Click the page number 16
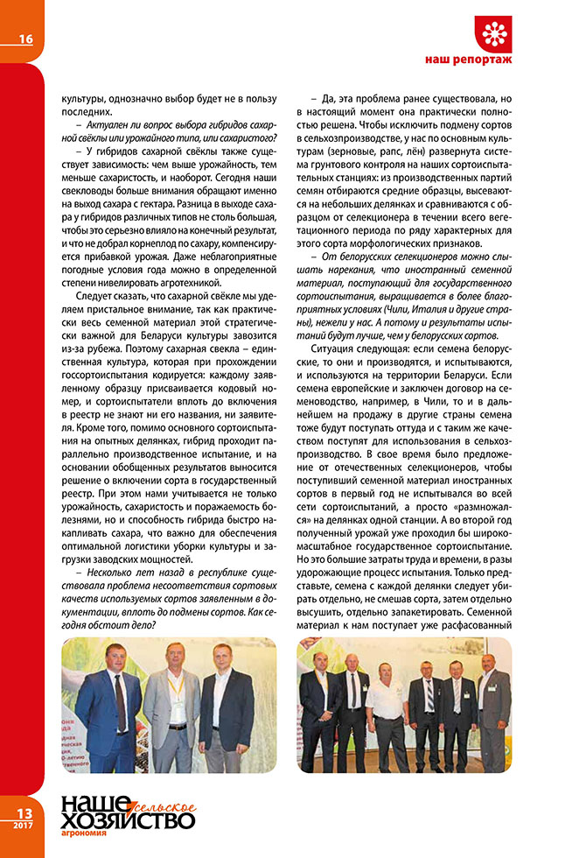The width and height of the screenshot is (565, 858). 26,39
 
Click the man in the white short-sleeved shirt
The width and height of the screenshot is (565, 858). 385,709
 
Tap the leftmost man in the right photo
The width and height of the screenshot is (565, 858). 320,709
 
